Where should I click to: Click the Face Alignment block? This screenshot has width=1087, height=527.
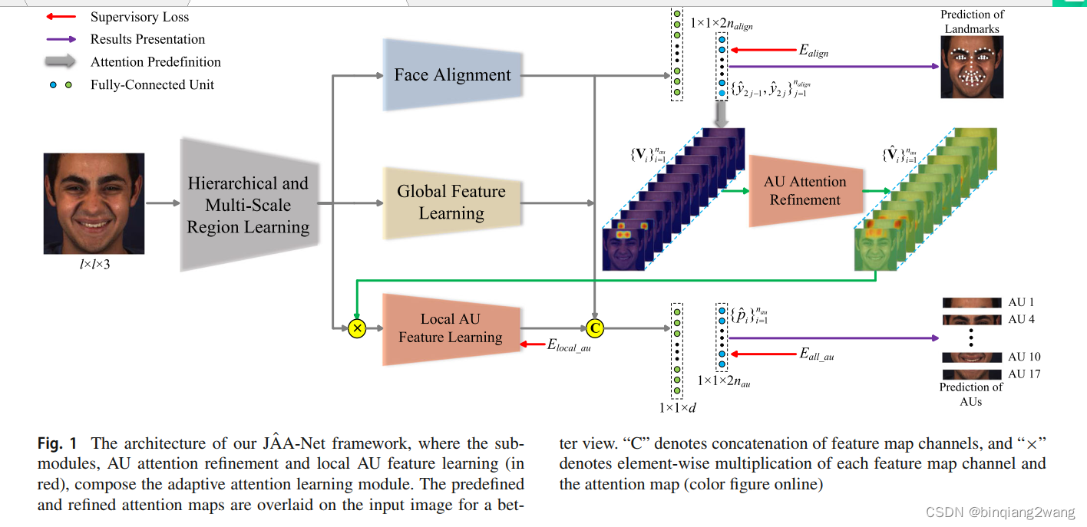[x=452, y=75]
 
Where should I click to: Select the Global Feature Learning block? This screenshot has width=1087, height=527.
[x=451, y=203]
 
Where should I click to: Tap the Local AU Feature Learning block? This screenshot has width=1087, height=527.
[x=451, y=328]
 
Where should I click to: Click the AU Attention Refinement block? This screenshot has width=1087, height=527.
[x=805, y=191]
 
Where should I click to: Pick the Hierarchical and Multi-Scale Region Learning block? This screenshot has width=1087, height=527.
[x=247, y=205]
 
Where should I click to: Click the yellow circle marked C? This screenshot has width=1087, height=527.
[x=594, y=328]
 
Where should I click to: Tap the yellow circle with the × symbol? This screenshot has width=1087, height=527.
[x=356, y=328]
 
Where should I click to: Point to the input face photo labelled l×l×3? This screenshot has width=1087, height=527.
[x=94, y=203]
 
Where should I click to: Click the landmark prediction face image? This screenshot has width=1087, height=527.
[x=972, y=67]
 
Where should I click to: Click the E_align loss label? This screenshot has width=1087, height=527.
[x=814, y=51]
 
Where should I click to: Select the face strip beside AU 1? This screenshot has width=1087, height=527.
[x=972, y=303]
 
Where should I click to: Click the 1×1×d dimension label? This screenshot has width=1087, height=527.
[x=677, y=407]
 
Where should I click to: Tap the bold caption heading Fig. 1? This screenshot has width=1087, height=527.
[x=58, y=443]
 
